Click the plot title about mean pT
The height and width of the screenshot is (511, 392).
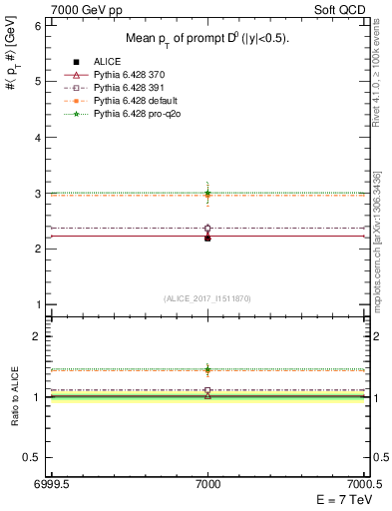[x=206, y=39]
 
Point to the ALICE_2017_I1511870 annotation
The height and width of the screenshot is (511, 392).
[x=206, y=299]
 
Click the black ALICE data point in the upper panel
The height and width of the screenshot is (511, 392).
[x=207, y=239]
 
